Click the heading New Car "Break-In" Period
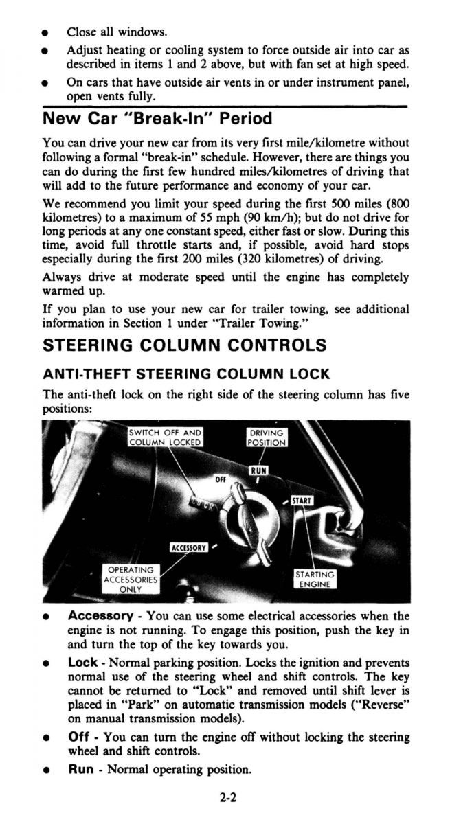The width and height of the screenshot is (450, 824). click(x=157, y=119)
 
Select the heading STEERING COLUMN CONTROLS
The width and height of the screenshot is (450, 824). click(x=184, y=345)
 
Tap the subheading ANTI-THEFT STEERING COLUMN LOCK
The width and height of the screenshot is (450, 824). click(x=186, y=374)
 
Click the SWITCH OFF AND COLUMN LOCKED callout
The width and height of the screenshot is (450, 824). click(x=165, y=437)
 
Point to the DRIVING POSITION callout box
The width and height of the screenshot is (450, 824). click(x=267, y=437)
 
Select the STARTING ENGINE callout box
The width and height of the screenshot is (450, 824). click(x=315, y=580)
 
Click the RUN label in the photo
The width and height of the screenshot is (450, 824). click(x=258, y=470)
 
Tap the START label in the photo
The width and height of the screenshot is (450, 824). click(x=302, y=501)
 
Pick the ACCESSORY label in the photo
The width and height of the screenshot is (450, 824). click(x=188, y=547)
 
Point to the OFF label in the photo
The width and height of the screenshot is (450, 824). click(x=221, y=479)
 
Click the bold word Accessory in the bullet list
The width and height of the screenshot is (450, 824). click(x=100, y=616)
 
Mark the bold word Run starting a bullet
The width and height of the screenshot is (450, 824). click(x=80, y=769)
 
